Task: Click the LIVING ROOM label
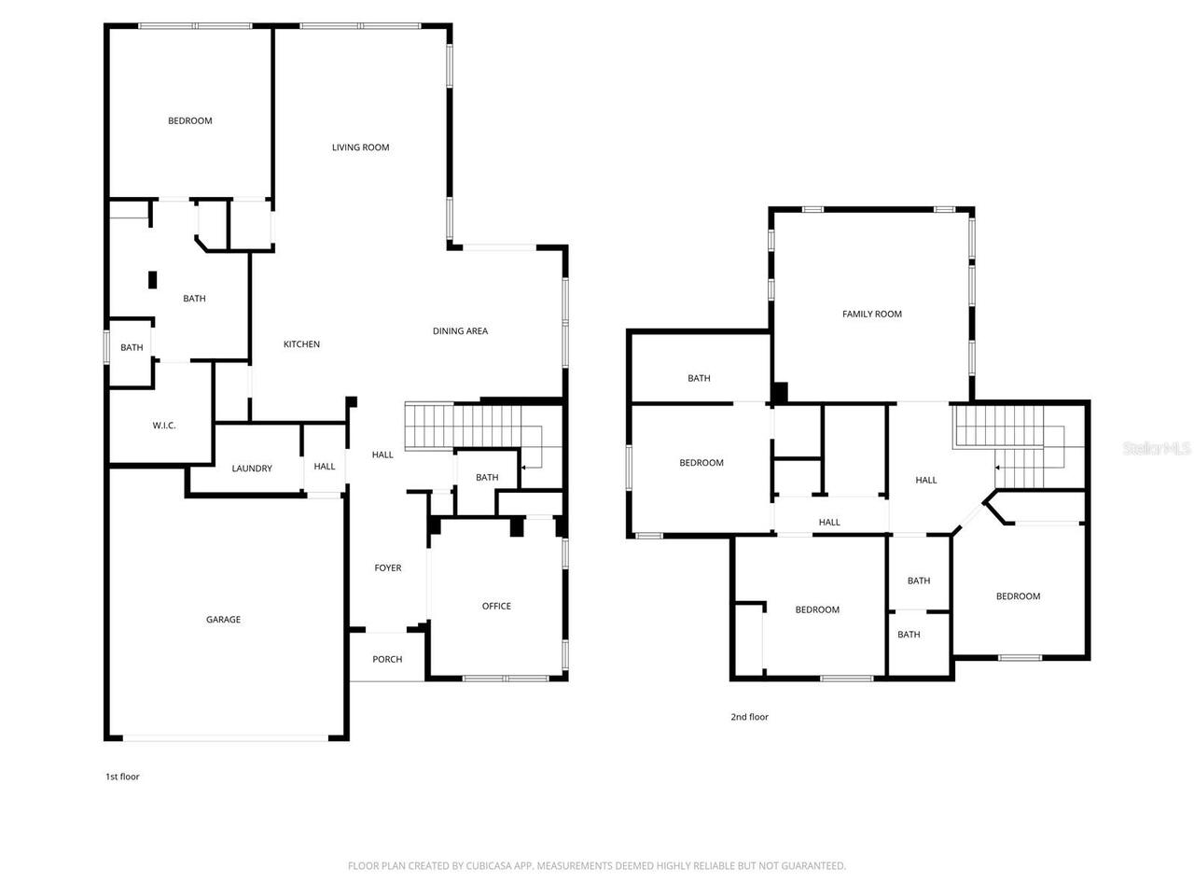tap(360, 147)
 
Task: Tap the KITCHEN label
tap(301, 344)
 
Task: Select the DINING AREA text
tap(460, 331)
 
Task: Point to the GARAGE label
tap(223, 620)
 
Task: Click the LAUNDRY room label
tap(252, 469)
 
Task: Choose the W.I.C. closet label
tap(164, 426)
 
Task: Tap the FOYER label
tap(388, 568)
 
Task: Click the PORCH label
tap(387, 660)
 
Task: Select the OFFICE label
tap(496, 607)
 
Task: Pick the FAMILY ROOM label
tap(872, 315)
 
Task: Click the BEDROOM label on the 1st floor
tap(189, 121)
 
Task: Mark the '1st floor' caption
tap(122, 777)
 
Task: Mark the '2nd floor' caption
tap(749, 718)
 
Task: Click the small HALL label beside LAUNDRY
tap(325, 467)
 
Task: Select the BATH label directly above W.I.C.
tap(132, 348)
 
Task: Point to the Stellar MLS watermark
tap(1157, 449)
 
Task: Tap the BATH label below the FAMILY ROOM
tap(699, 379)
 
